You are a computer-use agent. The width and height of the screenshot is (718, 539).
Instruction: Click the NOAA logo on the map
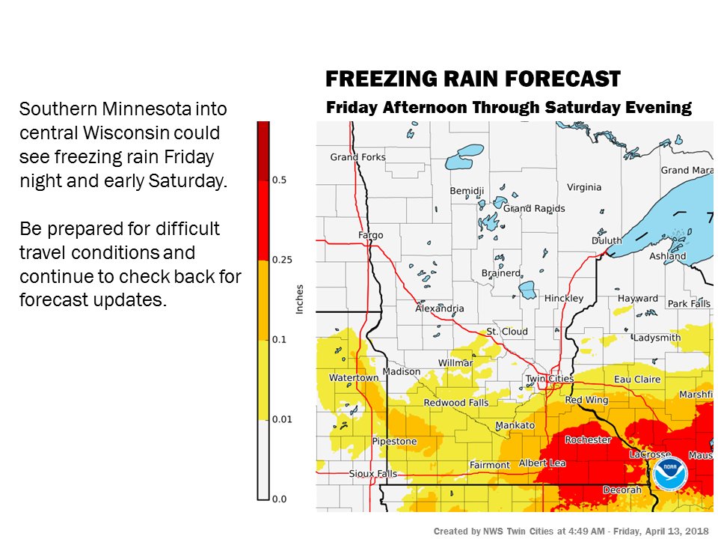click(x=669, y=473)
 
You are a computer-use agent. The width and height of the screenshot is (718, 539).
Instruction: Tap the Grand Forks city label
click(x=358, y=157)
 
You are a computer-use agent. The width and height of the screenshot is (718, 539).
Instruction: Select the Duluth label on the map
click(x=607, y=240)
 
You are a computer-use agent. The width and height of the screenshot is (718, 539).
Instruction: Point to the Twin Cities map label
click(x=550, y=378)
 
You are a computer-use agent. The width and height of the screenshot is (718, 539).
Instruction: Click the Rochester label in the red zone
click(x=588, y=439)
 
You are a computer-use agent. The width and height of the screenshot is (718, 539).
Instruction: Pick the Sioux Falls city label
click(x=373, y=474)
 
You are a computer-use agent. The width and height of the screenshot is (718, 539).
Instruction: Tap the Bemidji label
click(x=467, y=191)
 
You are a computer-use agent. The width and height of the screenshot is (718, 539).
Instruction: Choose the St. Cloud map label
click(x=507, y=331)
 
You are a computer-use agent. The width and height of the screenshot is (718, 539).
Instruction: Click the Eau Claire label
click(x=636, y=379)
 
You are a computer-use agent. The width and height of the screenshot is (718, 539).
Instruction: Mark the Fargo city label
click(x=370, y=235)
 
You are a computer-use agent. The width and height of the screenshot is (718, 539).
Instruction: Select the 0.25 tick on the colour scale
click(x=281, y=260)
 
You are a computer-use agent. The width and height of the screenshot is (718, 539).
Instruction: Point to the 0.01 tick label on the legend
click(x=281, y=419)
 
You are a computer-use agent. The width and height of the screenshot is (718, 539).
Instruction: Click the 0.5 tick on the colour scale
click(x=278, y=180)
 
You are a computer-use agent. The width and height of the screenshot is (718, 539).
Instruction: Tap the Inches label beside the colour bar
click(x=300, y=299)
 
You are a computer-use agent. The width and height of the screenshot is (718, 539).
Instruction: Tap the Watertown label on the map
click(x=354, y=378)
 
